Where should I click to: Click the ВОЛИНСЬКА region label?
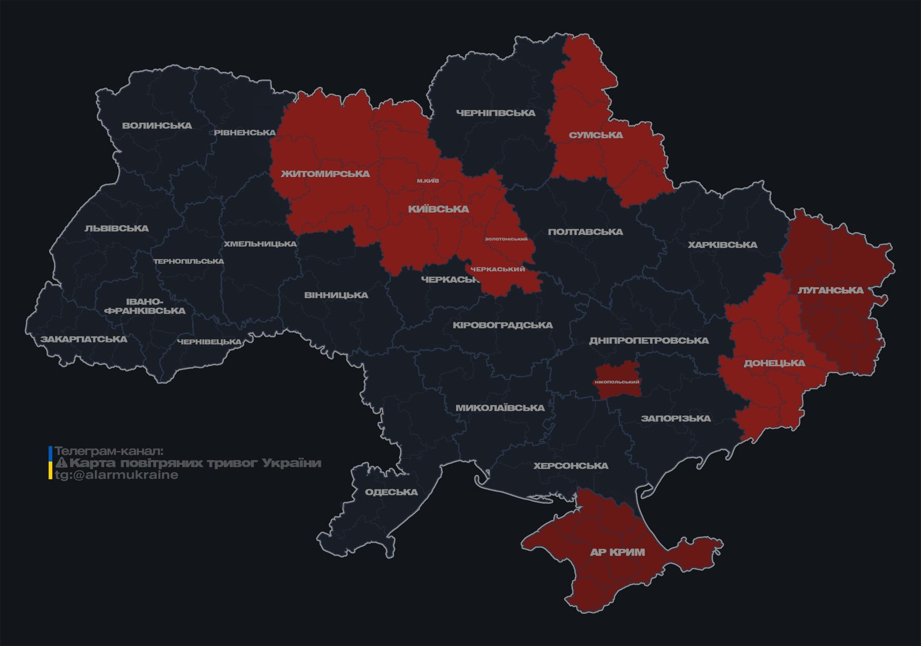[x=157, y=126]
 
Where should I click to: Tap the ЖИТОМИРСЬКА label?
[x=325, y=174]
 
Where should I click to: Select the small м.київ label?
[x=427, y=181]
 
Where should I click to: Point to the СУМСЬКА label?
[x=596, y=135]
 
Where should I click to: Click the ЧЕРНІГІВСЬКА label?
[x=496, y=113]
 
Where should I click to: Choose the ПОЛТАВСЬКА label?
[x=585, y=232]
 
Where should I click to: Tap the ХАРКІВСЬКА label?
[x=722, y=245]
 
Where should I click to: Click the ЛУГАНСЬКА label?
[x=830, y=290]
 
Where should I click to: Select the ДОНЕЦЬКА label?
[x=774, y=363]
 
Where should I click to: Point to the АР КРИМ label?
[x=617, y=552]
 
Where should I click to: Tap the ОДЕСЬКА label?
[x=391, y=492]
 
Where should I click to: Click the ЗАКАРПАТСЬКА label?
[x=84, y=340]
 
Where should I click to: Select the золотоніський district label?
[x=506, y=239]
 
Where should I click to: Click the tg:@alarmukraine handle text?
[x=117, y=475]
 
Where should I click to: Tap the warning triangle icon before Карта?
[x=62, y=463]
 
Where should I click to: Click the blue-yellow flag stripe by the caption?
[x=50, y=463]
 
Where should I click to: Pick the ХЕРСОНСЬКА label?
[x=571, y=466]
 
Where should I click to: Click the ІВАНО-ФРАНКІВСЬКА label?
[x=145, y=306]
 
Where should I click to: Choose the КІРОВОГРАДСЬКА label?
[x=503, y=325]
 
